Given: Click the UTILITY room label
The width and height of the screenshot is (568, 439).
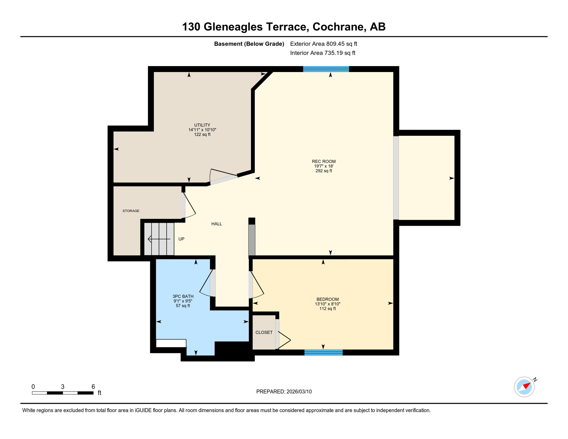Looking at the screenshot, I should [x=202, y=125].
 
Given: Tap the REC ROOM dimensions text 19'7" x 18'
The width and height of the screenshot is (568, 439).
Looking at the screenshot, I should [x=323, y=166].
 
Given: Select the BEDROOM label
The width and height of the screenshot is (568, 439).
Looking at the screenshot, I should [x=327, y=299].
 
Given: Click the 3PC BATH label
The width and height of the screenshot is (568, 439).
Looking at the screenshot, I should [x=183, y=296].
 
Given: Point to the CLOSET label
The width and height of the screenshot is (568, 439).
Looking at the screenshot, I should [x=264, y=332].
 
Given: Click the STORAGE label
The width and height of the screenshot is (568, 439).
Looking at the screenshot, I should [x=131, y=211].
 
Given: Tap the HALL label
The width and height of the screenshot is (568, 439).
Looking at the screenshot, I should [x=217, y=224].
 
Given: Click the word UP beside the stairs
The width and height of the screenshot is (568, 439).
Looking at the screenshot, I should [x=181, y=239].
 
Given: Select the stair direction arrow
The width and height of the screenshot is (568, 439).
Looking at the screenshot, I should [x=159, y=239].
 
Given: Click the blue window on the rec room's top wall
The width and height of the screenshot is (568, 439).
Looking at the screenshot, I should [x=326, y=69].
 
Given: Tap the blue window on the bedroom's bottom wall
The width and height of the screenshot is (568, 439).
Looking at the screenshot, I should [x=323, y=352].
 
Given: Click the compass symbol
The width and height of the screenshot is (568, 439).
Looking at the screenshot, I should [x=524, y=387].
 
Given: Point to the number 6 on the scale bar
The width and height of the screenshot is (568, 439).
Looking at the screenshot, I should [x=93, y=387].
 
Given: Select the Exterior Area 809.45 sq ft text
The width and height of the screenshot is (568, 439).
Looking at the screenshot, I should [x=323, y=44].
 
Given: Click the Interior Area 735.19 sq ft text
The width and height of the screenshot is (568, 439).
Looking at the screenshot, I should [x=323, y=53].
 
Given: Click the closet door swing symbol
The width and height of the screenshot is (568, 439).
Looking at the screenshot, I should [x=284, y=340].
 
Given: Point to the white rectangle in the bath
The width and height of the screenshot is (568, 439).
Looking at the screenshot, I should [x=171, y=343].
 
